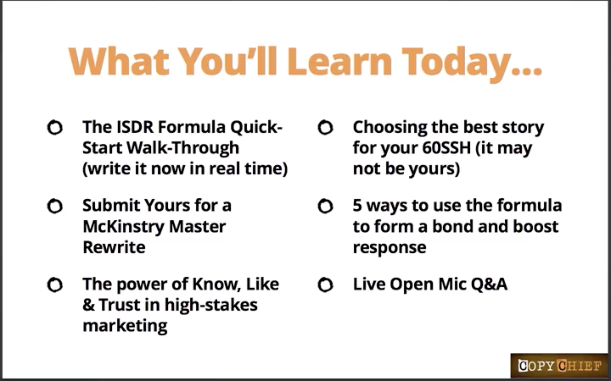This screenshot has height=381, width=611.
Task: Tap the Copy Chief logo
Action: pyautogui.click(x=559, y=366)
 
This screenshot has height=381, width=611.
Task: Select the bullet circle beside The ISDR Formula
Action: pyautogui.click(x=55, y=127)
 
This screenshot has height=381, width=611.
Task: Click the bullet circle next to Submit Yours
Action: pyautogui.click(x=55, y=206)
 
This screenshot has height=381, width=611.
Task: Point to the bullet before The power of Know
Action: pyautogui.click(x=55, y=285)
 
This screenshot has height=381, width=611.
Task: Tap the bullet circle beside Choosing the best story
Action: pyautogui.click(x=325, y=127)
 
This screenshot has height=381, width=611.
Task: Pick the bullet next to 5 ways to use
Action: pyautogui.click(x=325, y=206)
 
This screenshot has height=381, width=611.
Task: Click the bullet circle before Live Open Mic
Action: pyautogui.click(x=325, y=285)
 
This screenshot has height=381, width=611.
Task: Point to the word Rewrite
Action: pyautogui.click(x=114, y=247)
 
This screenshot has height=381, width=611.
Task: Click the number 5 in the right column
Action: pyautogui.click(x=357, y=205)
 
